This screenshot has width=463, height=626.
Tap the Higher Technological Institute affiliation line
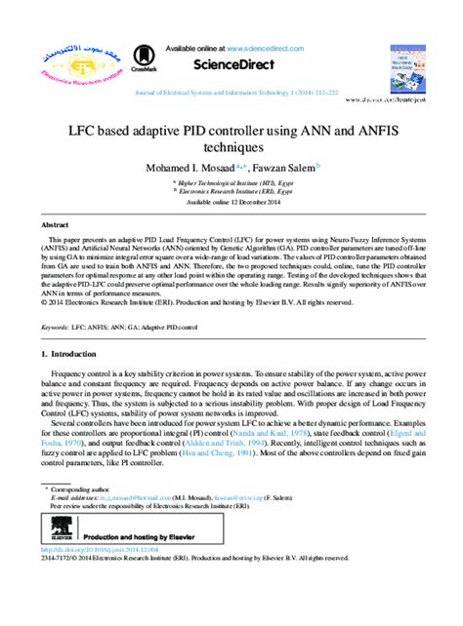[233, 181]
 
